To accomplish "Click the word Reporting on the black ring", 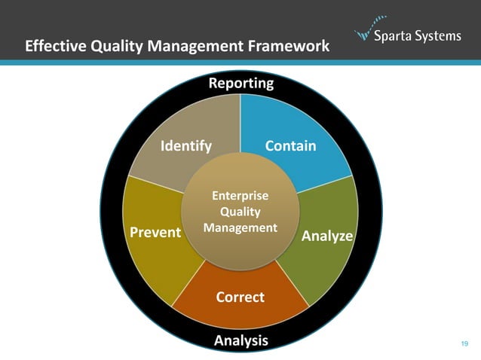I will coord(240,84).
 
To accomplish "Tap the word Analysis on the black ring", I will coord(240,340).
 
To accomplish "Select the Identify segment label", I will coord(185,145).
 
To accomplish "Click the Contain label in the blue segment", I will coord(290,145).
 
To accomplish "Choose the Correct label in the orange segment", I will coord(240,297).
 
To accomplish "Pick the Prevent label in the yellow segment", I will coord(155,232).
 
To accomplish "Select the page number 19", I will coord(464,344).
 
